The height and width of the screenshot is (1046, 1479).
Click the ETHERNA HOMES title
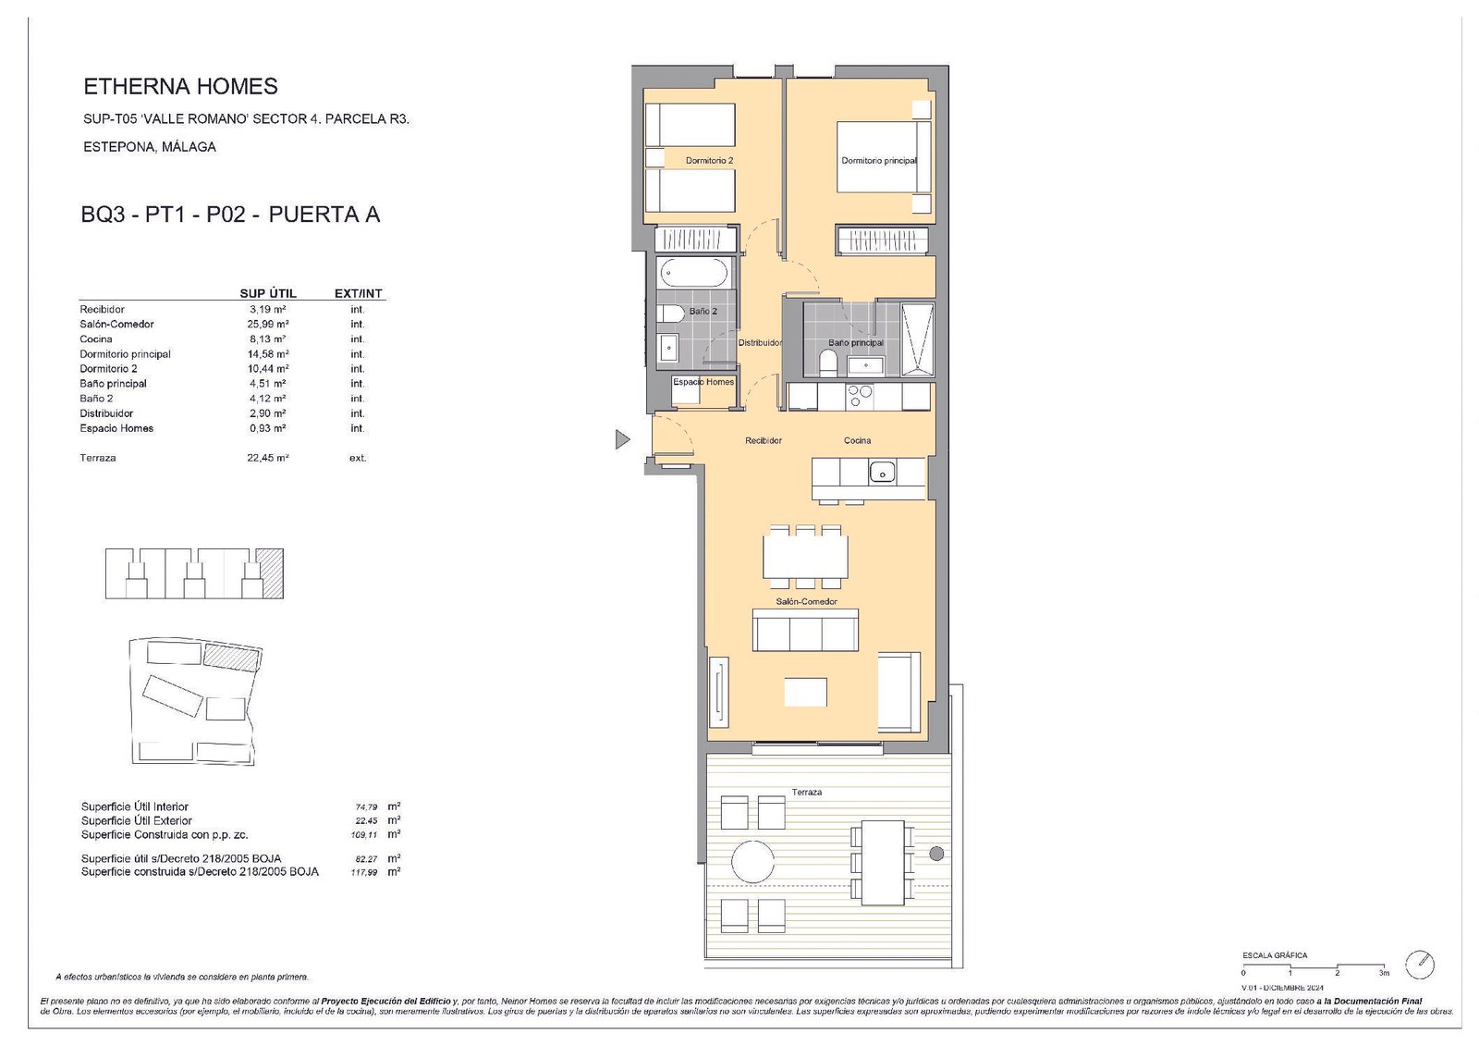coord(180,87)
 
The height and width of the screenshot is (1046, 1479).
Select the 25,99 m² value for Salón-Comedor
coord(268,325)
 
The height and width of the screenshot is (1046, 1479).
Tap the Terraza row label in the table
coord(98,459)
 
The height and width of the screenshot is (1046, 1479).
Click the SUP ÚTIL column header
coord(268,293)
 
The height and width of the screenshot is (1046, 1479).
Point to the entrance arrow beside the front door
coord(622,439)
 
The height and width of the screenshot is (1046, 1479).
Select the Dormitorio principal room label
coord(878,161)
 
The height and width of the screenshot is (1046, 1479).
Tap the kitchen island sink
coord(882,473)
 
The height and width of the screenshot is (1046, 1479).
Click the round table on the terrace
coord(752,862)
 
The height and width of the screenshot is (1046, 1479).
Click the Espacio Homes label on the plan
coord(703,382)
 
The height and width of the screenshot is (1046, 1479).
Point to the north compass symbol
coord(1419,965)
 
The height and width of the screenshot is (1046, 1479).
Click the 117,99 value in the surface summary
coord(364,873)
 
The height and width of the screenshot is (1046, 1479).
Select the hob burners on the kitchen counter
coord(860,396)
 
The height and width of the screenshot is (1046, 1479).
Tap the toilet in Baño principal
coord(827,363)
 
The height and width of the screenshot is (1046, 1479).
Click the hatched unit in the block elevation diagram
coord(270,573)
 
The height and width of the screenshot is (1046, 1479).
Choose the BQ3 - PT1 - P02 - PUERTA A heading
coord(230,215)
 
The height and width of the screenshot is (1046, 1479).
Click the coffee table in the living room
coord(805,692)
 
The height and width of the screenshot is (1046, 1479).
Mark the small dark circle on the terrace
coord(936,854)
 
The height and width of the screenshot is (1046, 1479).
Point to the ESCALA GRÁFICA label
coord(1275,955)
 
